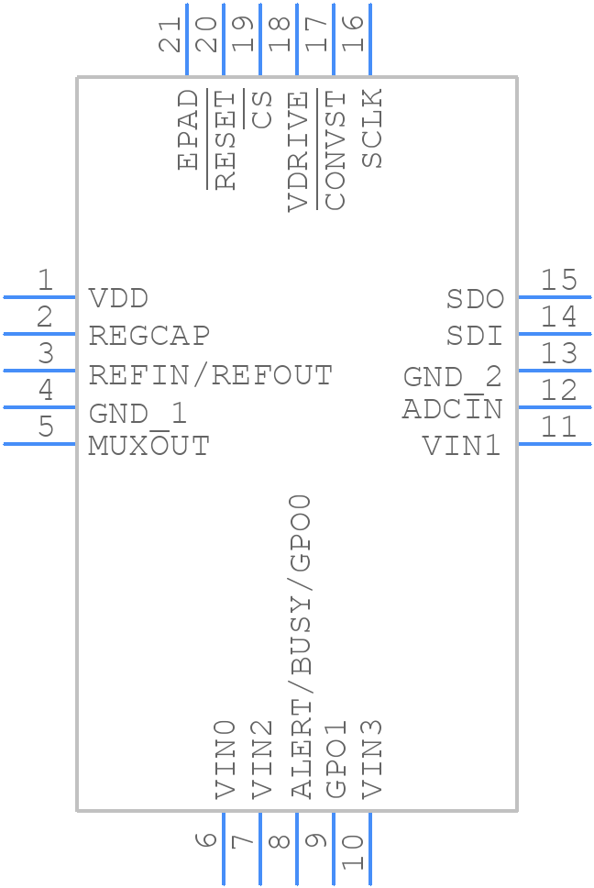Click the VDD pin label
(118, 299)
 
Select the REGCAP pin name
(148, 336)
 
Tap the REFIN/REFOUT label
(210, 375)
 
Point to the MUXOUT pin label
(148, 446)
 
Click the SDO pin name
(475, 299)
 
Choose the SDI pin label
(475, 336)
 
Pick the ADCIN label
(452, 409)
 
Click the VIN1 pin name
(461, 446)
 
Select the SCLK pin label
(371, 128)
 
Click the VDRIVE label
(298, 150)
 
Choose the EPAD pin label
(188, 129)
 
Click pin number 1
(44, 280)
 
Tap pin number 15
(558, 280)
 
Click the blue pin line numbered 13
(555, 371)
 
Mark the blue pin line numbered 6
(224, 849)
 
